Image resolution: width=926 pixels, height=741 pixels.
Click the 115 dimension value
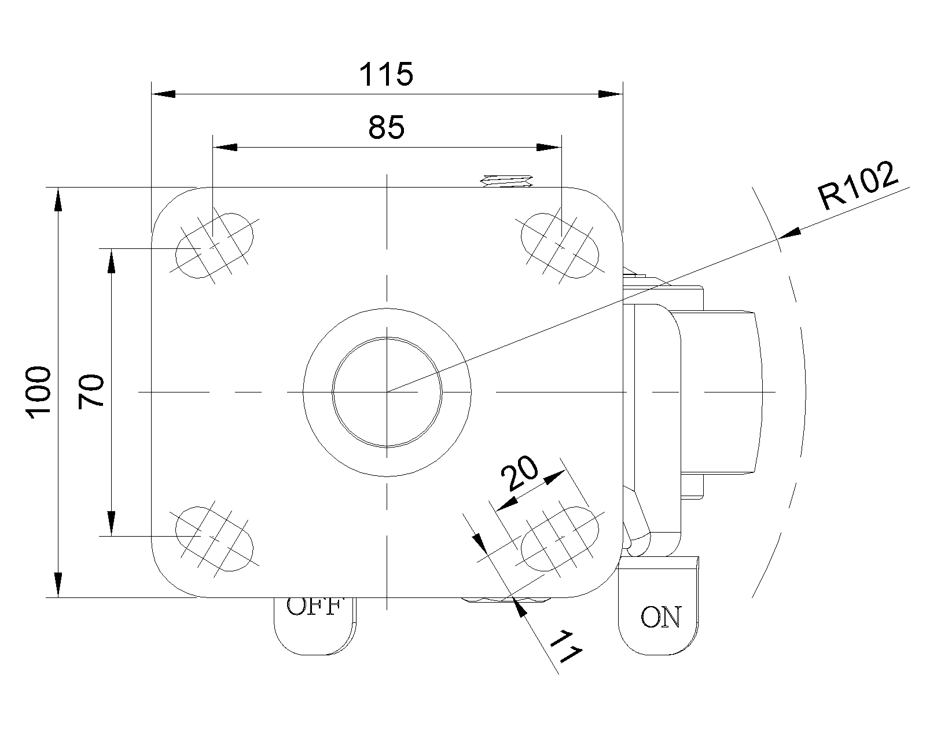386,75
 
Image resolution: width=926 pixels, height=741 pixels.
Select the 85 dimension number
386,127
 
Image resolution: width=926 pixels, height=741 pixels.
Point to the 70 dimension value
91,392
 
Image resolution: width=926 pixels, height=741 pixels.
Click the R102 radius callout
859,186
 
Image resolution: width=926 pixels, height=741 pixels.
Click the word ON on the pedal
661,617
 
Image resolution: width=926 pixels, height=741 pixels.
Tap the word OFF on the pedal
313,607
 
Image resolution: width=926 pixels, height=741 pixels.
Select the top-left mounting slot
214,245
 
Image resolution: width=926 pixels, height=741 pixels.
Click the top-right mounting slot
560,245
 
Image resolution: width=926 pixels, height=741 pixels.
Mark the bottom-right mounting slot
560,538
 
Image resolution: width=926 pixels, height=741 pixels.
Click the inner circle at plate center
387,392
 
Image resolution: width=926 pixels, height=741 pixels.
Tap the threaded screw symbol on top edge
508,181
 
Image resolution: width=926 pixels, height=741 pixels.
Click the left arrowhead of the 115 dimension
163,94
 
